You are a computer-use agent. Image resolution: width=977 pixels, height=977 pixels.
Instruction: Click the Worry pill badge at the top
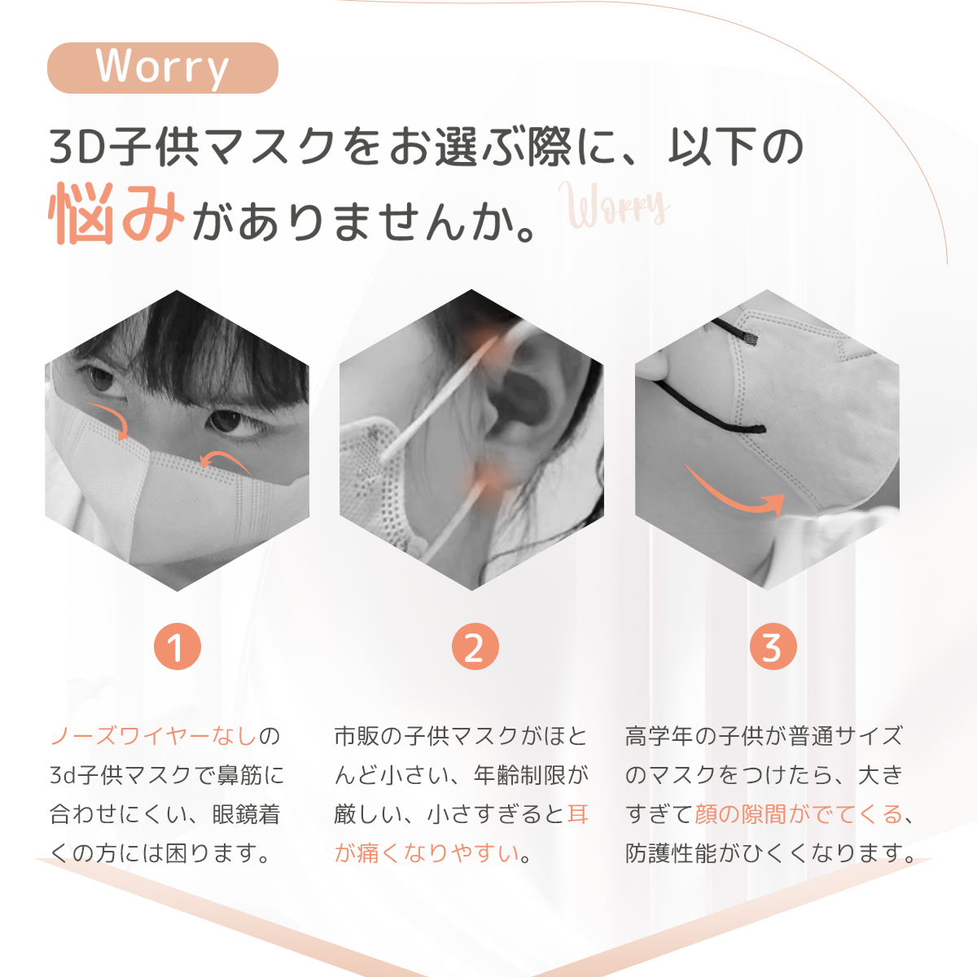tap(163, 68)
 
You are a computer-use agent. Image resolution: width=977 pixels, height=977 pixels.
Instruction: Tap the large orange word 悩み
tap(116, 214)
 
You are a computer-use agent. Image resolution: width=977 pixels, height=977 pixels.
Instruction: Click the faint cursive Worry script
tap(614, 206)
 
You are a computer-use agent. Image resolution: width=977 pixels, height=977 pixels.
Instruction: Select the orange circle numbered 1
tap(177, 646)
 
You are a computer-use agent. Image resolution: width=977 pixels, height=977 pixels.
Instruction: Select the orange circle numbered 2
tap(475, 646)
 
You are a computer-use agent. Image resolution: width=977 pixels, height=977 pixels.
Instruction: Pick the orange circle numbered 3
tap(773, 646)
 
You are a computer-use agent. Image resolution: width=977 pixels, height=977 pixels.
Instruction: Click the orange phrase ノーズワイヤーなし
tap(153, 736)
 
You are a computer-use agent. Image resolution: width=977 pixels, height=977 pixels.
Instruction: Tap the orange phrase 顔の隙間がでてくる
tap(799, 814)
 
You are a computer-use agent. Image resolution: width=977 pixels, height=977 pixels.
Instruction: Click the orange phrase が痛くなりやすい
tap(427, 853)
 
